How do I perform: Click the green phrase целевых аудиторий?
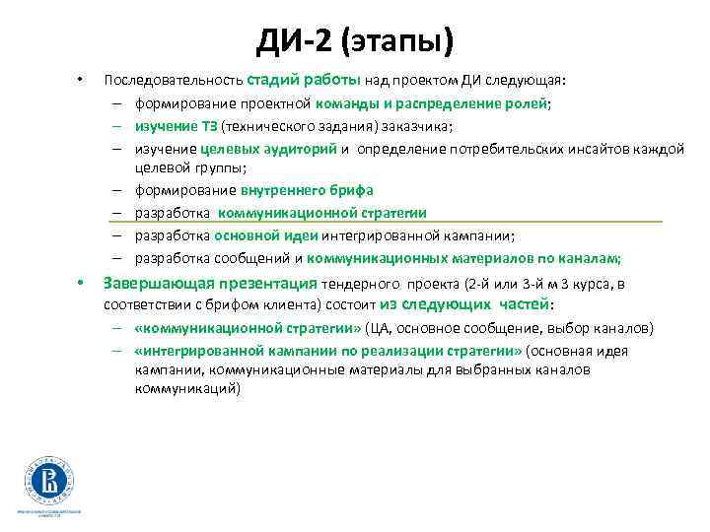coord(269,148)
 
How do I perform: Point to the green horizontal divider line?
coord(394,223)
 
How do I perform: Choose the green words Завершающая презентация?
coord(210,284)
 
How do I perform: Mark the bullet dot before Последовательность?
coord(81,80)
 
